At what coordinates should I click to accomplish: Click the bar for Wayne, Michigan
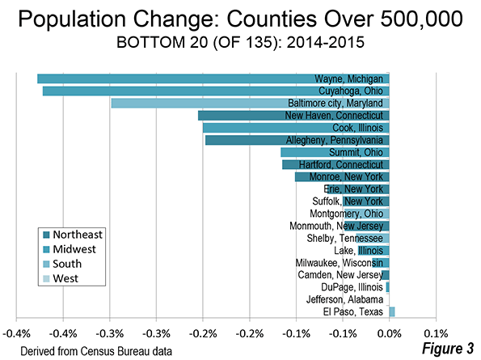point(213,78)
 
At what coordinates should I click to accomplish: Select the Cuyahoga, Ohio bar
point(216,91)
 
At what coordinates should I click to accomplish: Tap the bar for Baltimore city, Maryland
point(250,104)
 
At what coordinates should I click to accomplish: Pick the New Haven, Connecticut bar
point(293,116)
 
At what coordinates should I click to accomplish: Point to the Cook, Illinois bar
point(296,128)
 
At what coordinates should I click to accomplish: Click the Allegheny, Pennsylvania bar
point(297,140)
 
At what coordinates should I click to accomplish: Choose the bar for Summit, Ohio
point(335,153)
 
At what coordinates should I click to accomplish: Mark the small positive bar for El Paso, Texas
point(392,311)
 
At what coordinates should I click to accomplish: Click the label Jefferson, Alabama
point(344,299)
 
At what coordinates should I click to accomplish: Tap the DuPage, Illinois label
point(352,287)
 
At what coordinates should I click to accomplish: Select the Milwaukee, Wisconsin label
point(340,263)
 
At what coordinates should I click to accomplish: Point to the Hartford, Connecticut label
point(341,165)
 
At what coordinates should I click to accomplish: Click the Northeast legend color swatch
point(46,235)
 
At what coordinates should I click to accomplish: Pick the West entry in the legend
point(61,278)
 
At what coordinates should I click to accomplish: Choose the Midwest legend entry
point(70,249)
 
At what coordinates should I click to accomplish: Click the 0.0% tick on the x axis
point(389,334)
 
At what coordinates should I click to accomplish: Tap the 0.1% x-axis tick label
point(436,334)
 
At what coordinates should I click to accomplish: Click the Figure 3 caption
point(448,349)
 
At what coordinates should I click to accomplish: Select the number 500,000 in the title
point(421,19)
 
